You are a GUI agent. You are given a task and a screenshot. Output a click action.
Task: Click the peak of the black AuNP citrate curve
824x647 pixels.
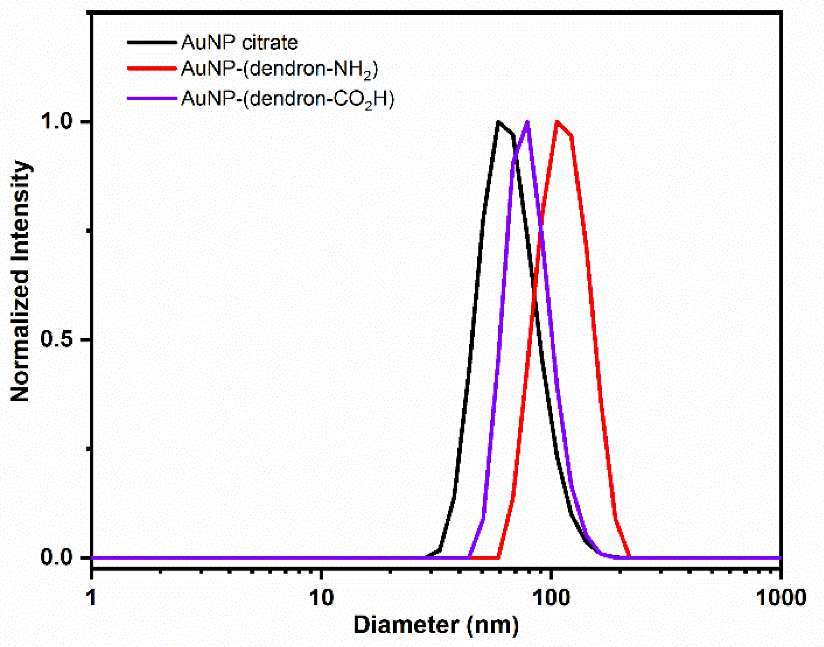(498, 122)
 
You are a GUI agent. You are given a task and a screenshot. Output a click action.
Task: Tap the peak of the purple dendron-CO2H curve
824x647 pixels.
(527, 122)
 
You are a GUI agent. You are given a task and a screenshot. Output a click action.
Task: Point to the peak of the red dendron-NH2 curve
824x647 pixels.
(557, 122)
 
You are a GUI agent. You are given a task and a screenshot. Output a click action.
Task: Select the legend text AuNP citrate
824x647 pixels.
(239, 43)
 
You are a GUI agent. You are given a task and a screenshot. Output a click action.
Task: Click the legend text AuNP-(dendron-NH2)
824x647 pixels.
(279, 69)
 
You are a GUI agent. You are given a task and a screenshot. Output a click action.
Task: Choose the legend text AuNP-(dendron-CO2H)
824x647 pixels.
(287, 99)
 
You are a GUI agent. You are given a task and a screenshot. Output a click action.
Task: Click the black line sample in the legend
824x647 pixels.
(152, 43)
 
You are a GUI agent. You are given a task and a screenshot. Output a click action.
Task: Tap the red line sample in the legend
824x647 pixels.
(152, 68)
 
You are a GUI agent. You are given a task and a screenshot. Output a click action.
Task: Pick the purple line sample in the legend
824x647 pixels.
(152, 98)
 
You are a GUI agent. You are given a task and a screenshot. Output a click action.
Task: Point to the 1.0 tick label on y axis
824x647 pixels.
(56, 121)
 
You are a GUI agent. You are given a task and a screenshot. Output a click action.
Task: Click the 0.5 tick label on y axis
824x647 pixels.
(56, 340)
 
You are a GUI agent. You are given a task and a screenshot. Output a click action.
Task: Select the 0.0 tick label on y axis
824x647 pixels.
(56, 557)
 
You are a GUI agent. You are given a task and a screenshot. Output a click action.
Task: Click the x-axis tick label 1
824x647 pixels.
(92, 598)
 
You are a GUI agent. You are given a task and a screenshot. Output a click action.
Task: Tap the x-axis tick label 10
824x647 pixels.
(322, 598)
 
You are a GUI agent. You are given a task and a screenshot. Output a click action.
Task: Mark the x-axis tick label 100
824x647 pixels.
(551, 598)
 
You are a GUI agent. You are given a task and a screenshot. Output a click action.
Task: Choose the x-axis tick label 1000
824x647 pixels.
(781, 598)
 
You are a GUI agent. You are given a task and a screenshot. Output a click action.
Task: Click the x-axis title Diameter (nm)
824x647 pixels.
(436, 625)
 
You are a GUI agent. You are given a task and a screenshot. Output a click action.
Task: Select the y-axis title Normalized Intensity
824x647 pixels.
(20, 282)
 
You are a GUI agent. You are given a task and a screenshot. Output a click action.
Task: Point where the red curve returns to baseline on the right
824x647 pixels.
(630, 557)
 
